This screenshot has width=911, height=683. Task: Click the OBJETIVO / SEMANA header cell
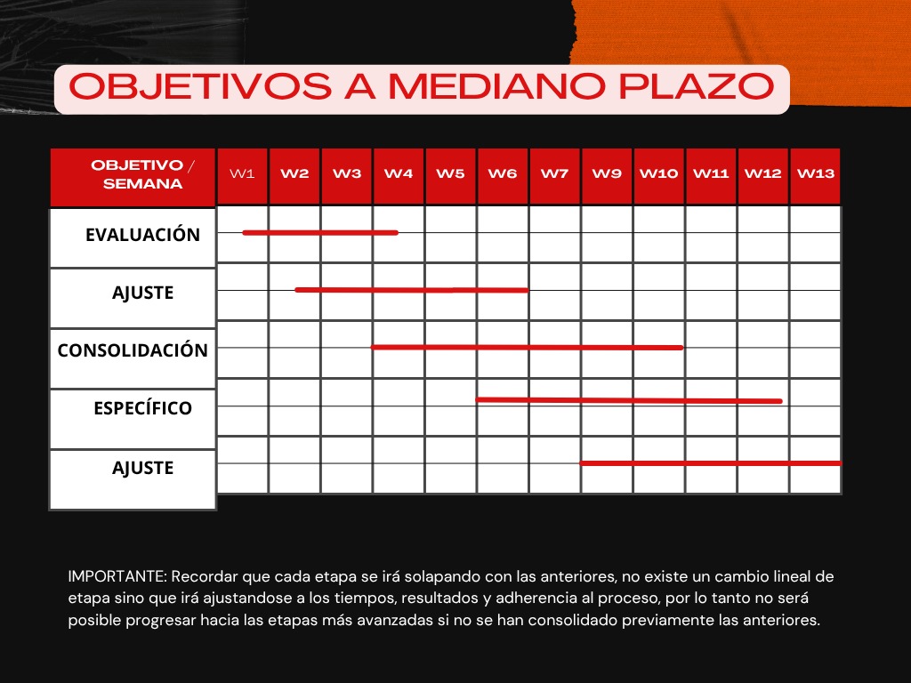(142, 175)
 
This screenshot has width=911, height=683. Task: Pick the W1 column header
(243, 174)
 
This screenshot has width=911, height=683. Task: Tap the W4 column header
(399, 174)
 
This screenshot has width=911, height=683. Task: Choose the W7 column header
(554, 174)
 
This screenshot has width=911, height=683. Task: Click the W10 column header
(658, 174)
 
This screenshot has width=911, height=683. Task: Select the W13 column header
(815, 174)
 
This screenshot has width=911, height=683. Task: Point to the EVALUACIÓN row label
(142, 235)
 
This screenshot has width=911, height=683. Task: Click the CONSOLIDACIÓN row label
(133, 350)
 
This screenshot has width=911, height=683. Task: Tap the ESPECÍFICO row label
(142, 408)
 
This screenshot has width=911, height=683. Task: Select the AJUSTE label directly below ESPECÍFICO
(142, 468)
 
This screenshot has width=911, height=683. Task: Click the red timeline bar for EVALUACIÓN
(320, 233)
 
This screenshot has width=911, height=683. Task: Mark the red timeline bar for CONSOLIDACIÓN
(527, 347)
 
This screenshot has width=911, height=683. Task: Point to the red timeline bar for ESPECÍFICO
(629, 400)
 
